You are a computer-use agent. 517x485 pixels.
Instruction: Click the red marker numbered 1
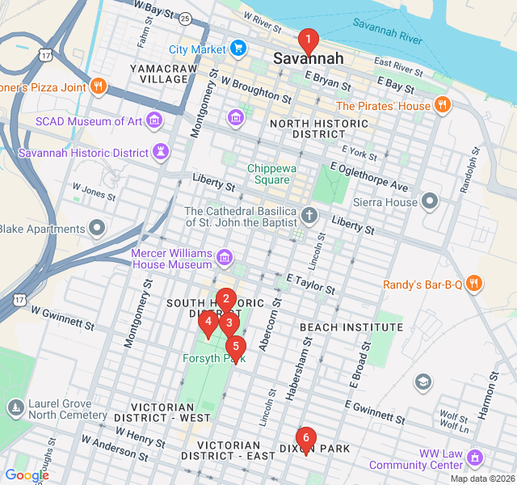pos(307,40)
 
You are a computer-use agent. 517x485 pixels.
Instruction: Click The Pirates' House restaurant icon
pos(442,105)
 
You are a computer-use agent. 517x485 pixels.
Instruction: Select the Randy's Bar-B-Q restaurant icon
pos(474,284)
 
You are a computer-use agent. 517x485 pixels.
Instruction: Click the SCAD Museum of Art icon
pos(153,122)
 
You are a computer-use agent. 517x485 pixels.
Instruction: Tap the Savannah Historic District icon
pos(162,153)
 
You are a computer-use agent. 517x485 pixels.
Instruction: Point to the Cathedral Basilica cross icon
pos(308,216)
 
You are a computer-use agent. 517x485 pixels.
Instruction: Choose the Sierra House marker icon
pos(431,199)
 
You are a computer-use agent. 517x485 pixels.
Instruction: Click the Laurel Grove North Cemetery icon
pos(15,407)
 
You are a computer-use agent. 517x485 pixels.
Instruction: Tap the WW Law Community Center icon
pos(475,458)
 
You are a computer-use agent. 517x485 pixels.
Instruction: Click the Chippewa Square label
pos(267,174)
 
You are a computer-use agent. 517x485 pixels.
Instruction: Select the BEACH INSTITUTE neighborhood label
pos(351,327)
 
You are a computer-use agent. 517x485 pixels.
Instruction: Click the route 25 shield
pos(185,18)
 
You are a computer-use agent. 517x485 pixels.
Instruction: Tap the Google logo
pos(26,474)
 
